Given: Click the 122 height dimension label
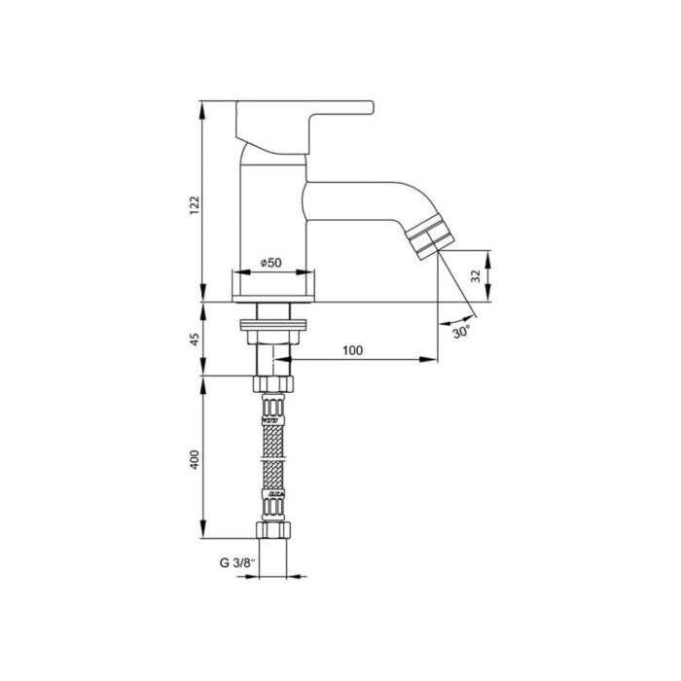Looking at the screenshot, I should tap(194, 205).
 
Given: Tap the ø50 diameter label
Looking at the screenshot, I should tap(271, 264).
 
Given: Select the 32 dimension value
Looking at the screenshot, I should tap(477, 275).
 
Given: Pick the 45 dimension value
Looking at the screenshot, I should tap(194, 339).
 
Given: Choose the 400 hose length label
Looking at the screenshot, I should tap(194, 458).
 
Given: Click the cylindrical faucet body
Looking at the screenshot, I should tap(272, 214).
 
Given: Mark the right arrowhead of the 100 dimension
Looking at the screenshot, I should tap(429, 361).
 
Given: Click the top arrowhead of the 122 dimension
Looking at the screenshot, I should tap(202, 105).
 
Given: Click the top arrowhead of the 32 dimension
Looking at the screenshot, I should tap(487, 254).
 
